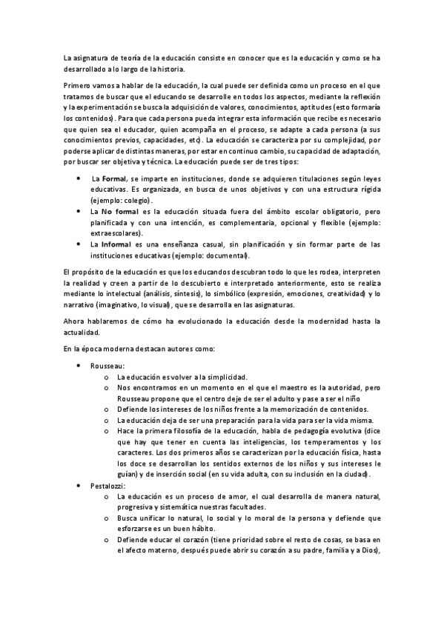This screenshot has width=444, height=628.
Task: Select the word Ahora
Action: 78,321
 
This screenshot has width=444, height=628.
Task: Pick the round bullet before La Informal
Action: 79,244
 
